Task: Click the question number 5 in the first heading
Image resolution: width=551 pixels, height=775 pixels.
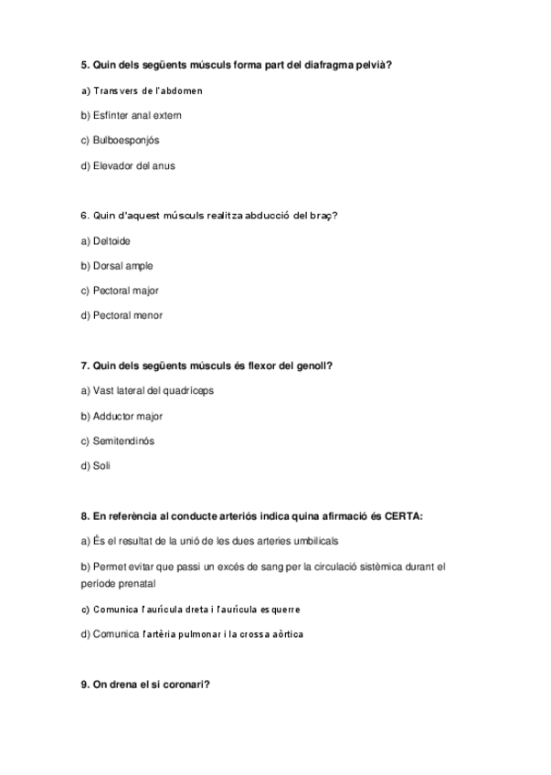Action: point(85,65)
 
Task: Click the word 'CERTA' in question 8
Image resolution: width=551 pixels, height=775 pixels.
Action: point(404,516)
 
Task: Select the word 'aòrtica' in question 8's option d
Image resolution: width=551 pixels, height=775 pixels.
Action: point(285,634)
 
